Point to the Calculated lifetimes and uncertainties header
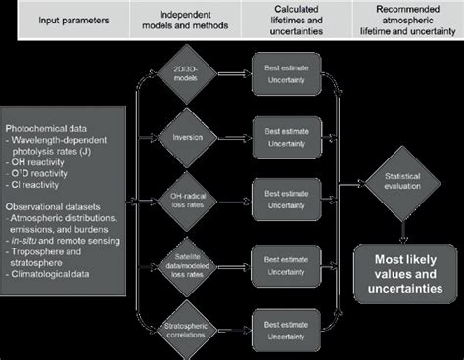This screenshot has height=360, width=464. tap(291, 20)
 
